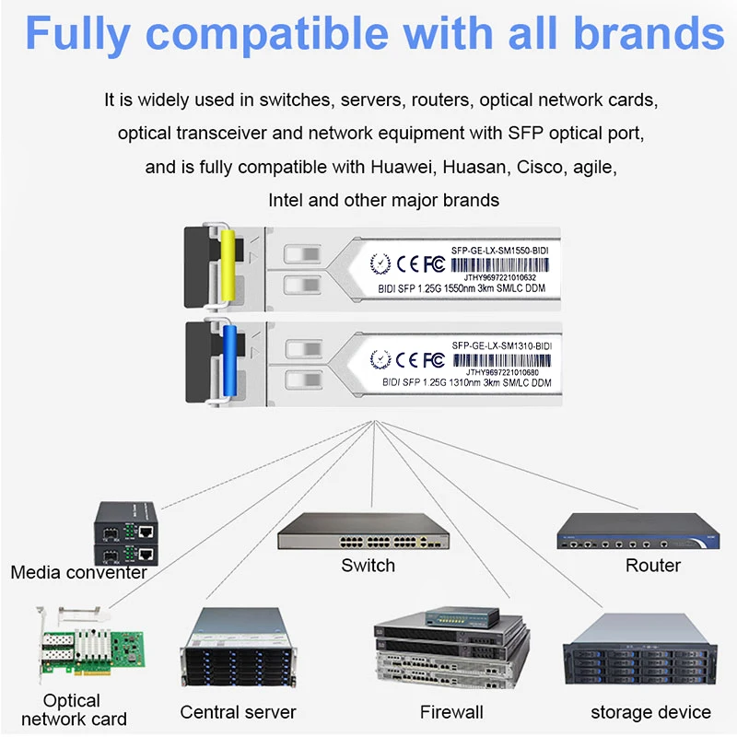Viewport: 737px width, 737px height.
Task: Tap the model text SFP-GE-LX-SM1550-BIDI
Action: coord(506,249)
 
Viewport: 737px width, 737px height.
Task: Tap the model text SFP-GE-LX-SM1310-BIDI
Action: coord(506,345)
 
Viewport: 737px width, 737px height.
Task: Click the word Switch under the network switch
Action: coord(368,566)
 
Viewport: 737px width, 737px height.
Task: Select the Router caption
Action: coord(652,566)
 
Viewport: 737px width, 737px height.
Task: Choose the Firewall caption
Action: coord(450,712)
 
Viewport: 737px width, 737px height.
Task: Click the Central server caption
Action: coord(238,712)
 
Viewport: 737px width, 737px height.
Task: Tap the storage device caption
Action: coord(650,712)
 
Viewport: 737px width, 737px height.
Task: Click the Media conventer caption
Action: coord(78,573)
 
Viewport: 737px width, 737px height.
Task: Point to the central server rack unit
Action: coord(238,653)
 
